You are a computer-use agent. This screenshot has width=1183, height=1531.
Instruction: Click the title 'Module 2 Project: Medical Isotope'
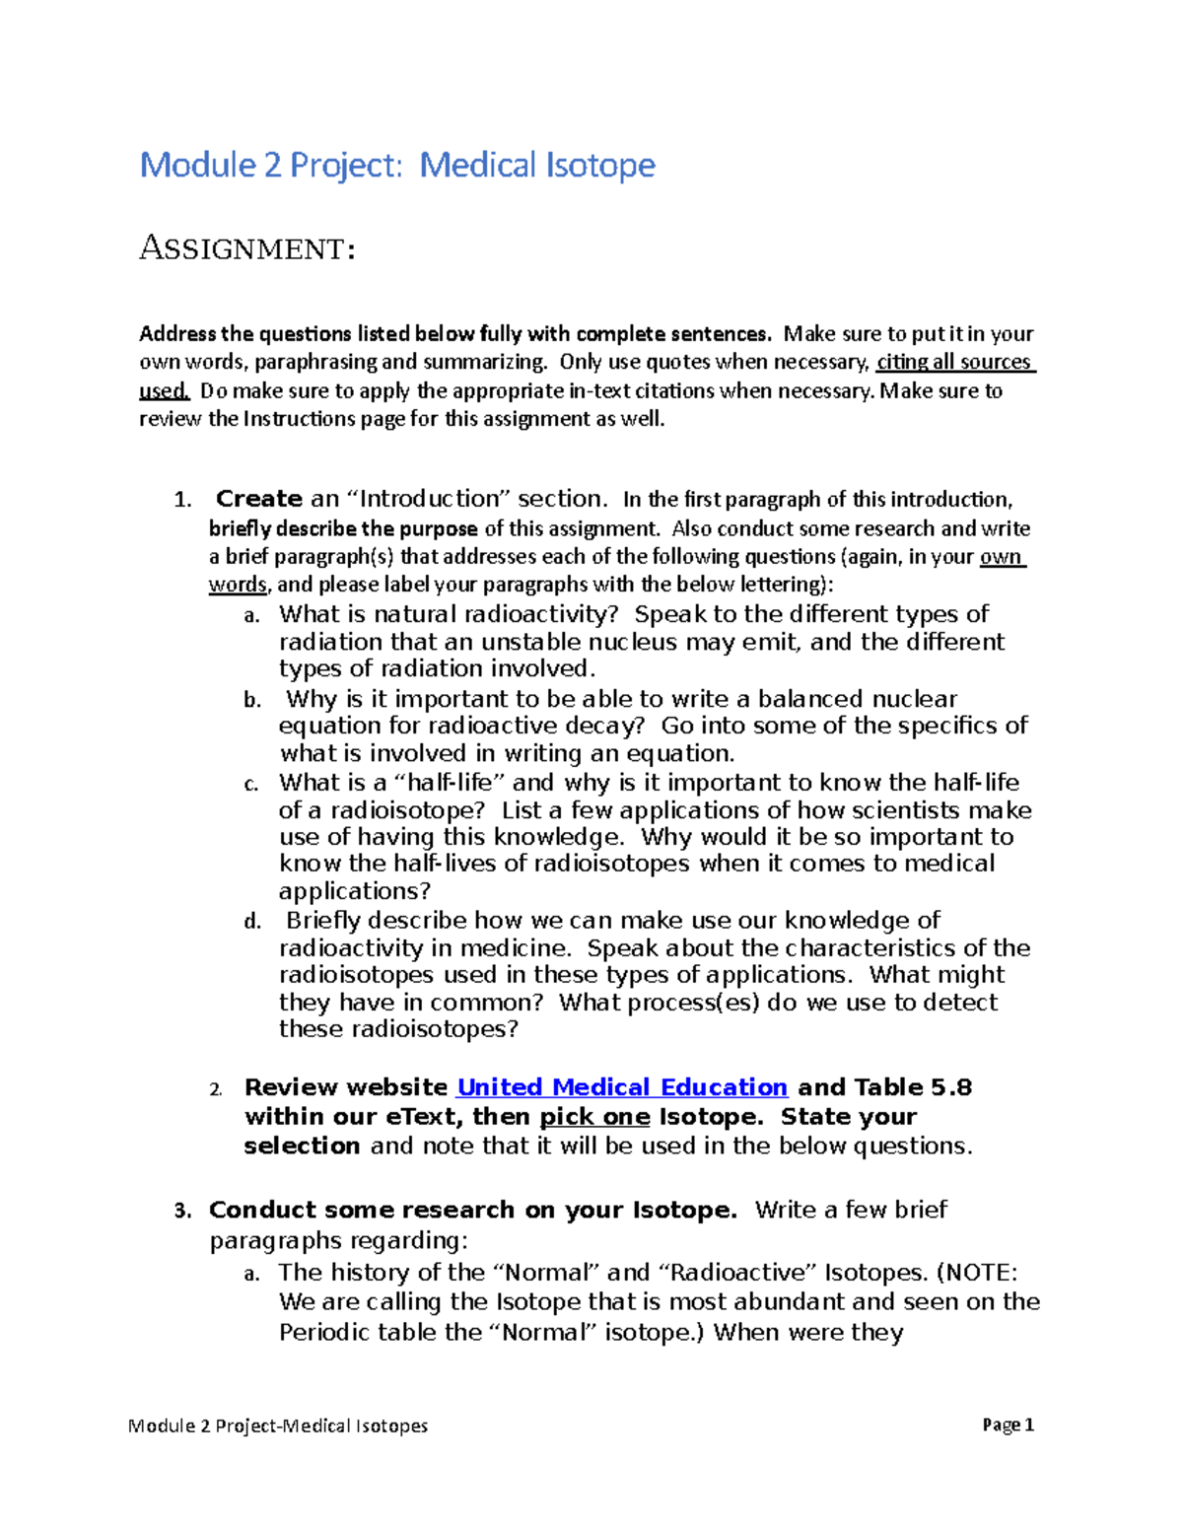(x=397, y=165)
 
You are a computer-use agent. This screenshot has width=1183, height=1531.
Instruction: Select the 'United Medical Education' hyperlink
(x=622, y=1087)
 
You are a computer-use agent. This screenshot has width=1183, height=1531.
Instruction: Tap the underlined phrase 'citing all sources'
(x=953, y=362)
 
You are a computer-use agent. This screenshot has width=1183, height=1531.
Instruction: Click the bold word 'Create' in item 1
(x=259, y=499)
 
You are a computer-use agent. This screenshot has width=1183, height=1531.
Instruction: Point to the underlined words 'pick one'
(x=594, y=1117)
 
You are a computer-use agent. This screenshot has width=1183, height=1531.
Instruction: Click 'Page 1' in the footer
(x=1008, y=1425)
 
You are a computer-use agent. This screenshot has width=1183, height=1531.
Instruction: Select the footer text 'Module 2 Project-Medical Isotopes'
(x=278, y=1426)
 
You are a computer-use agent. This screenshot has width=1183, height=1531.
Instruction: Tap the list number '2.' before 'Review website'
(x=216, y=1089)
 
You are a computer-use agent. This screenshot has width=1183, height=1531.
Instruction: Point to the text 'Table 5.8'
(x=913, y=1087)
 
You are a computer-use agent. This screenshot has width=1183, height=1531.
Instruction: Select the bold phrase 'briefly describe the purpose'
(x=343, y=528)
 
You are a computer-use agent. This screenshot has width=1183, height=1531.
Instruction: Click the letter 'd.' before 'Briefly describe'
(x=252, y=923)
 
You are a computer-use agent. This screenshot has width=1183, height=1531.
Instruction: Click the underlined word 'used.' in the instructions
(x=164, y=391)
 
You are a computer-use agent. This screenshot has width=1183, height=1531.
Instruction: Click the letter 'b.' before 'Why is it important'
(x=252, y=701)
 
